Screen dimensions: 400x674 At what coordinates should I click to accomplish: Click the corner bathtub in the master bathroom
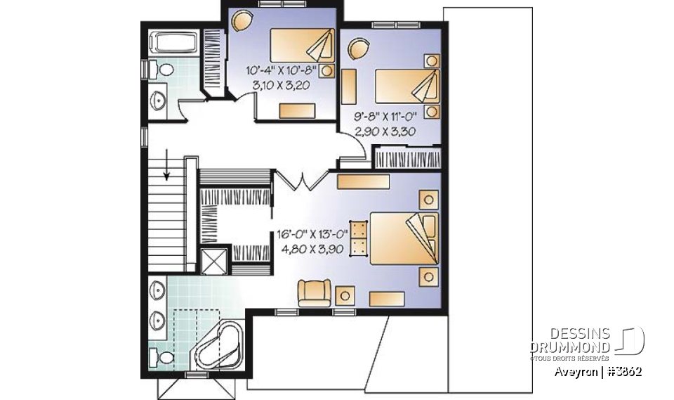pyautogui.click(x=218, y=345)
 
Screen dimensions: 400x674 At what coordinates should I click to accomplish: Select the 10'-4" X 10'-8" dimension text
pyautogui.click(x=282, y=70)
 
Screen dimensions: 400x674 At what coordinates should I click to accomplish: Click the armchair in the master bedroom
pyautogui.click(x=314, y=292)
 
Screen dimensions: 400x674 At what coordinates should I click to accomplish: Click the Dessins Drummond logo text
pyautogui.click(x=569, y=341)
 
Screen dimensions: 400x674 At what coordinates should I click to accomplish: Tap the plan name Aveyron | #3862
pyautogui.click(x=597, y=371)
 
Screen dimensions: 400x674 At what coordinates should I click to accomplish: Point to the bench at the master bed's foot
pyautogui.click(x=359, y=238)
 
